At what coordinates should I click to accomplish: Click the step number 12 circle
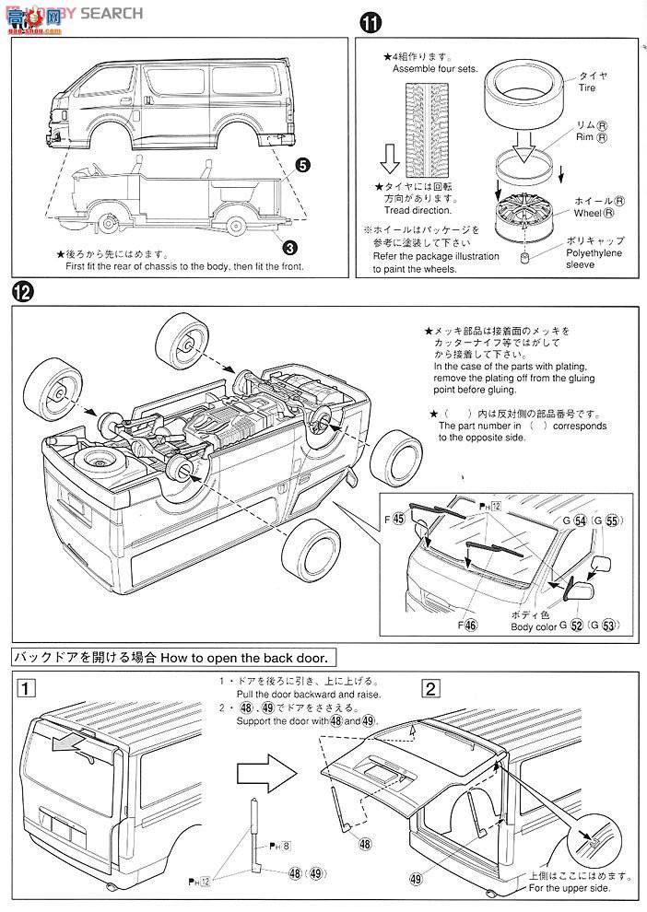(x=23, y=292)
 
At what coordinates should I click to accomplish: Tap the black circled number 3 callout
(x=288, y=247)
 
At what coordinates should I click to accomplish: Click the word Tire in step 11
(x=586, y=88)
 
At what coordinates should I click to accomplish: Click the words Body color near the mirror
(x=533, y=626)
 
